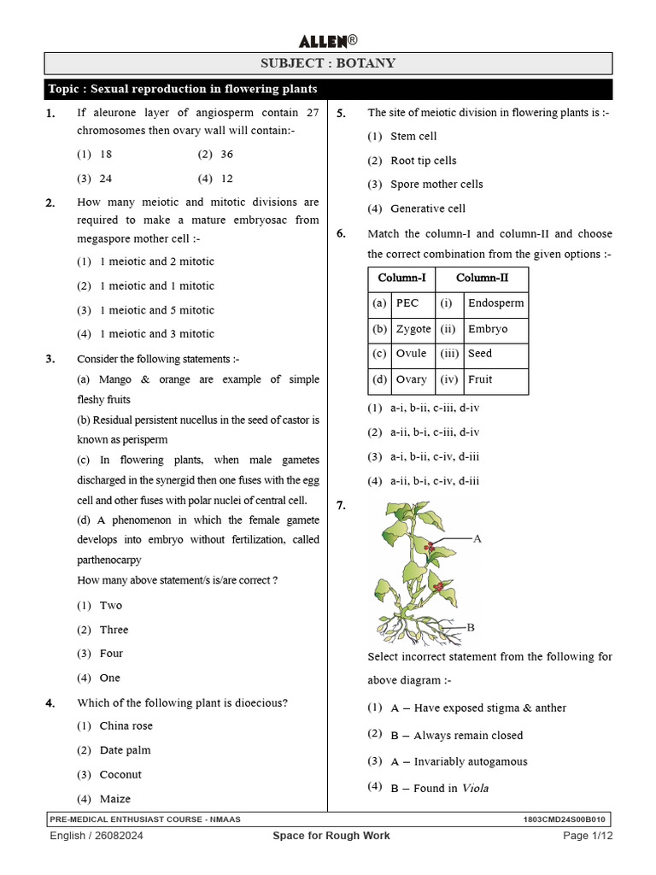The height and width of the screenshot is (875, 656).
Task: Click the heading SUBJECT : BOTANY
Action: click(328, 63)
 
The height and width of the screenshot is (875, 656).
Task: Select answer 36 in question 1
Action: click(225, 155)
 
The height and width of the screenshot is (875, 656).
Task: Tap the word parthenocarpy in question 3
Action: click(109, 560)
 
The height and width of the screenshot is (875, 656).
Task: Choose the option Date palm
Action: click(125, 750)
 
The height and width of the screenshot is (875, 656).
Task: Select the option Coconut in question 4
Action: click(120, 774)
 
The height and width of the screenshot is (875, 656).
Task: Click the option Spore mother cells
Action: click(436, 184)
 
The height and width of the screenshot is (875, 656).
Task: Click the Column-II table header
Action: click(482, 278)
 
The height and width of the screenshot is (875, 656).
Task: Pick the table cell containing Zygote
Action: click(413, 329)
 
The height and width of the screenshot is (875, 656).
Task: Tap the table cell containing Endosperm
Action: click(495, 303)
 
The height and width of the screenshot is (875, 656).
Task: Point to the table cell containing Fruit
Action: click(480, 379)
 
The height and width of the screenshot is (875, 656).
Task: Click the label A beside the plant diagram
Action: click(477, 538)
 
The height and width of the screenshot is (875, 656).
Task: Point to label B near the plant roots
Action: click(469, 627)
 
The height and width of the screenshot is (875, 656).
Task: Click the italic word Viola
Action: click(475, 788)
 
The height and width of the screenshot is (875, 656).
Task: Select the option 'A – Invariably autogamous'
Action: click(459, 761)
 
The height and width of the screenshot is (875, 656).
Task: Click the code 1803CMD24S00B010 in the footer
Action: click(566, 819)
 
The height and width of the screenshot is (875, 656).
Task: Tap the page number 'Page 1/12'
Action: click(589, 836)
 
